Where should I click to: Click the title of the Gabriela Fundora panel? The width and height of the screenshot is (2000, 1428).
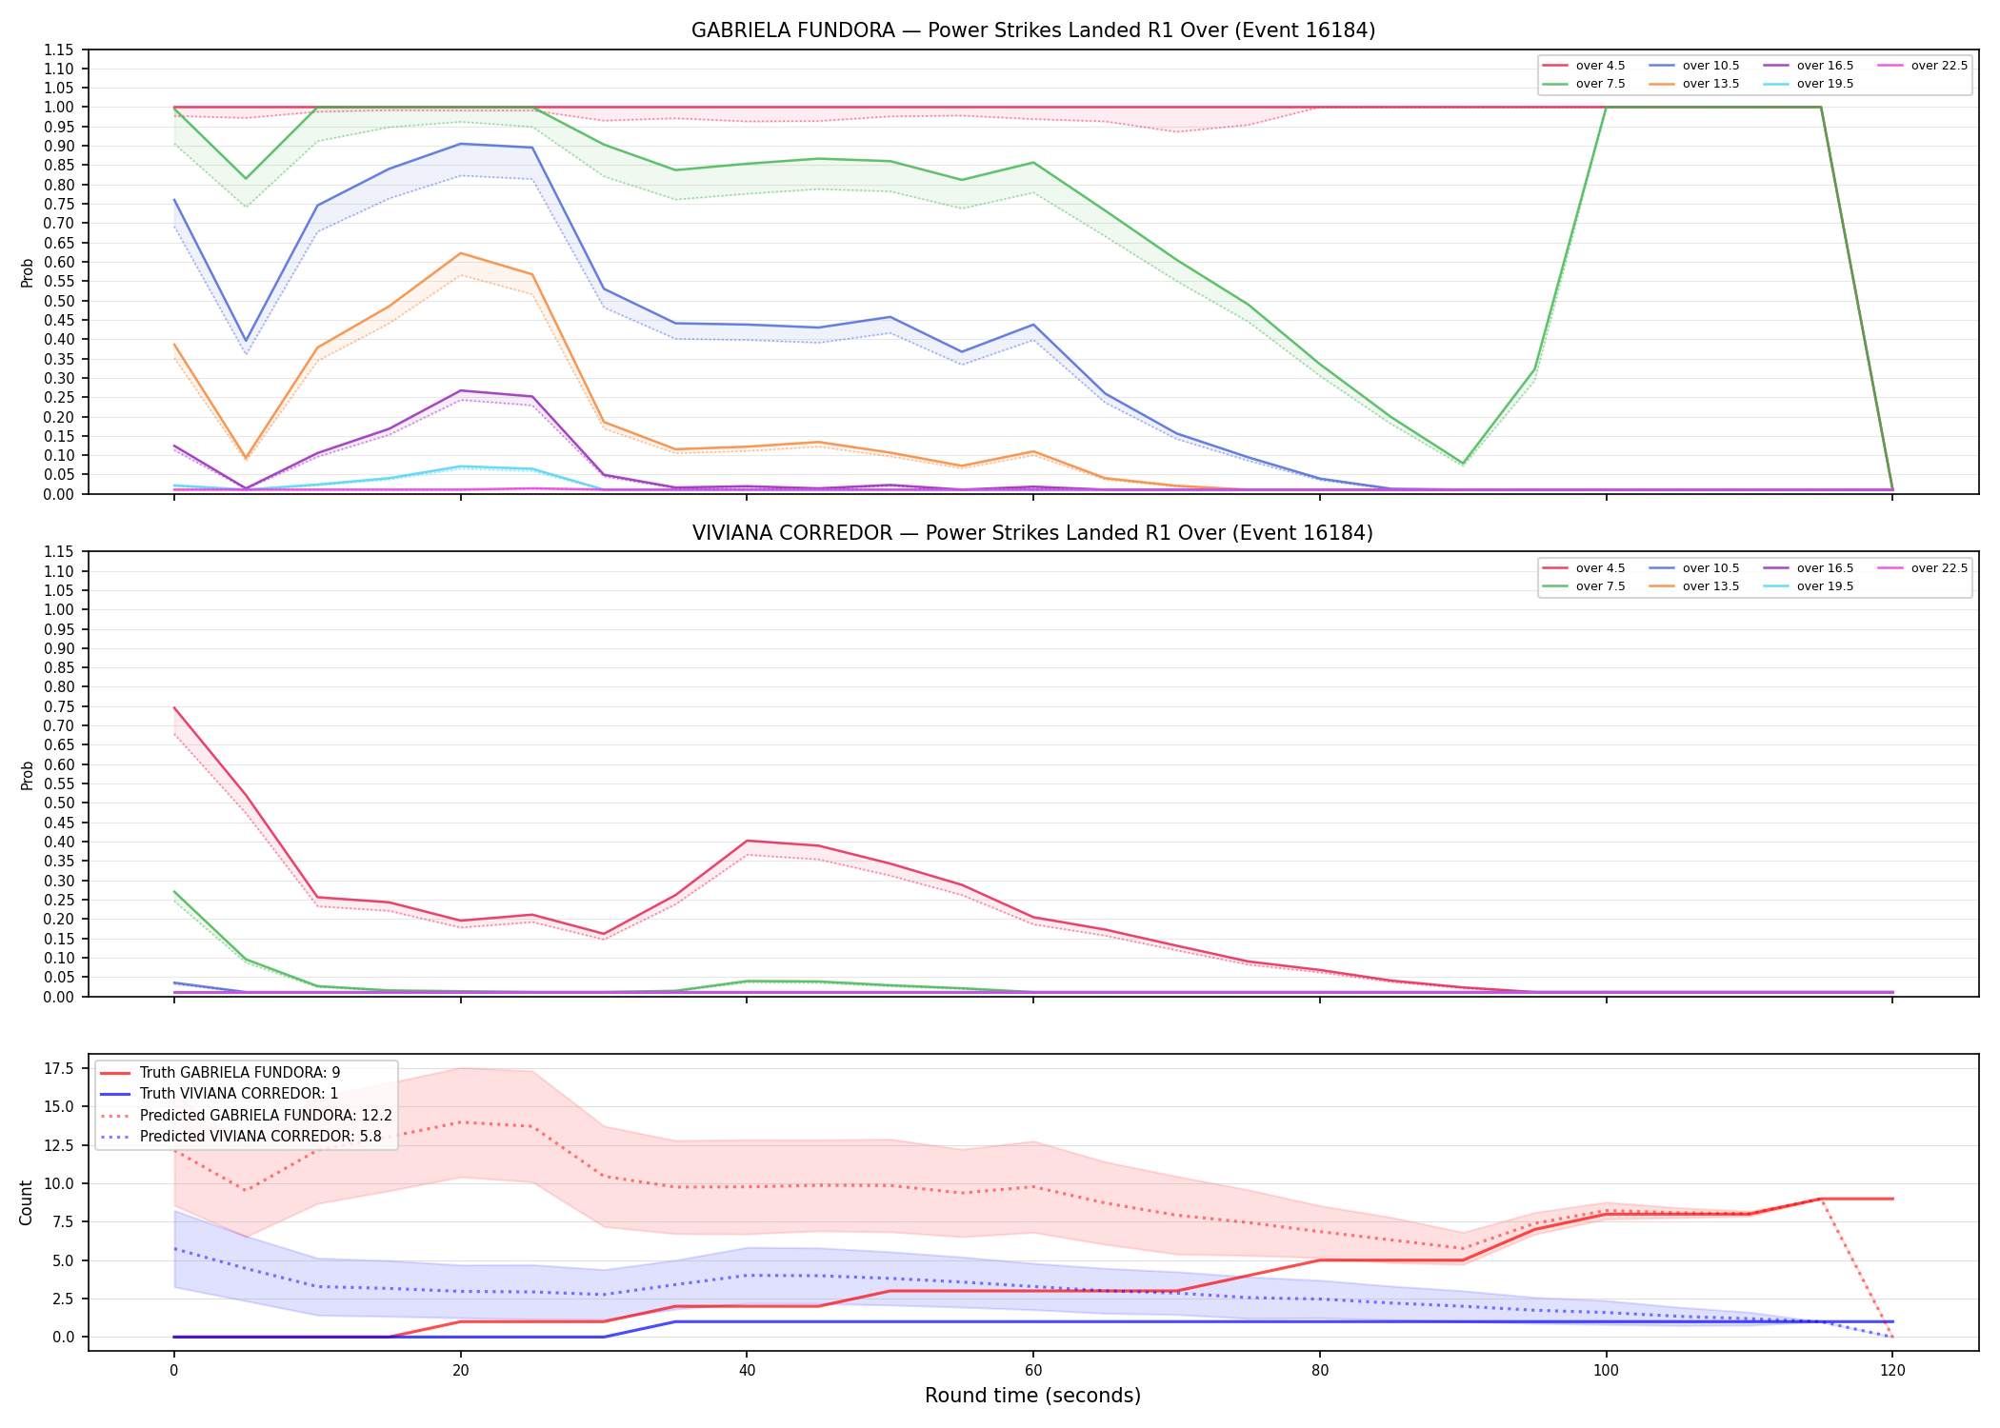[x=1033, y=30]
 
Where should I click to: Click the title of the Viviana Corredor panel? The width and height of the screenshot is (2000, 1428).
[x=1033, y=533]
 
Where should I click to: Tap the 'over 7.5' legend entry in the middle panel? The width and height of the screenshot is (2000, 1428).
[x=1584, y=586]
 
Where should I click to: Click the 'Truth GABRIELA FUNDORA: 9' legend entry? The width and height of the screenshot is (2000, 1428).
[x=220, y=1073]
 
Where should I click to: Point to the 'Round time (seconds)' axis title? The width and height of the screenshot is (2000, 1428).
[x=1032, y=1396]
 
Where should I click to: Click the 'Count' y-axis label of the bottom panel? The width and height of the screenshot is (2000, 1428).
[x=26, y=1202]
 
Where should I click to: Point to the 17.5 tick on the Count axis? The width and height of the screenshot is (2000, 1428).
[x=58, y=1068]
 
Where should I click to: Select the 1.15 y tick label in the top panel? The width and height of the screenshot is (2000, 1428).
[x=58, y=50]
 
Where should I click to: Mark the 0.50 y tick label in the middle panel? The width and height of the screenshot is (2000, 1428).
[x=58, y=803]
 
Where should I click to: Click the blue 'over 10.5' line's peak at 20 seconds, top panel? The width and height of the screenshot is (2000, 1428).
[x=461, y=144]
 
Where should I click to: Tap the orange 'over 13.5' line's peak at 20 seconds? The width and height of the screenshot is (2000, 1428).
[x=461, y=253]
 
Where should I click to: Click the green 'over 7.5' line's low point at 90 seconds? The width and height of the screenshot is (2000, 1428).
[x=1463, y=464]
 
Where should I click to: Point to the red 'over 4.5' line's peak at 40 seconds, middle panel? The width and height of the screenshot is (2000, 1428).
[x=748, y=841]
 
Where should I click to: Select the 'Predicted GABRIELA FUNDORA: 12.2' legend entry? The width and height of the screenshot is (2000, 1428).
[x=246, y=1115]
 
